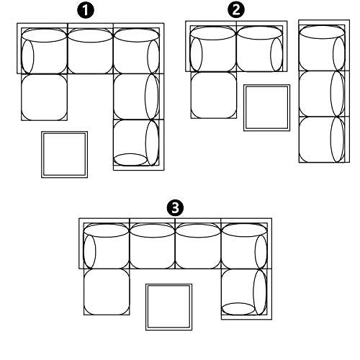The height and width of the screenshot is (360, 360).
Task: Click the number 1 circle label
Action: pyautogui.click(x=86, y=11)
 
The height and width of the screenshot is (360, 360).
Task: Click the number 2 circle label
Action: pyautogui.click(x=236, y=10)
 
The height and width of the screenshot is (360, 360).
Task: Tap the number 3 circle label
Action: pyautogui.click(x=175, y=208)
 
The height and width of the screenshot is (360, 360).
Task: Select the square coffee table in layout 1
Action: pyautogui.click(x=65, y=155)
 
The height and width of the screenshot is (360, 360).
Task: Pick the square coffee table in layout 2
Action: pyautogui.click(x=266, y=108)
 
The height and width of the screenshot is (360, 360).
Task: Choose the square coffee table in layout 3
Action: pyautogui.click(x=168, y=307)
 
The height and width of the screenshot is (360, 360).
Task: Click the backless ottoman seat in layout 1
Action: pyautogui.click(x=44, y=97)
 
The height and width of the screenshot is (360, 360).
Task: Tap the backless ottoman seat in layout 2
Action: pyautogui.click(x=214, y=95)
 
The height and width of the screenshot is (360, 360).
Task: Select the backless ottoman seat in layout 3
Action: pyautogui.click(x=107, y=292)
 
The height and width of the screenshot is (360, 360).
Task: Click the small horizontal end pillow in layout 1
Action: pyautogui.click(x=130, y=160)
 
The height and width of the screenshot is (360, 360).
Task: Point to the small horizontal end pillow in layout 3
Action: pyautogui.click(x=238, y=309)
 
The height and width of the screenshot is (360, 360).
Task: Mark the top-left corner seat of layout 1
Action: pyautogui.click(x=42, y=48)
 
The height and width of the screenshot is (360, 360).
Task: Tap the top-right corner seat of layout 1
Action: pyautogui.click(x=139, y=48)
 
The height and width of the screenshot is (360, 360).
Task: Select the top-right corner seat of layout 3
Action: pyautogui.click(x=246, y=243)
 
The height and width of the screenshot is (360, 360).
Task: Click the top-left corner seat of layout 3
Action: pyautogui.click(x=104, y=243)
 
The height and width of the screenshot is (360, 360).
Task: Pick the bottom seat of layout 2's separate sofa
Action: pyautogui.click(x=324, y=140)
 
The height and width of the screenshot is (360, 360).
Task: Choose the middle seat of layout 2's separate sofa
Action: pyautogui.click(x=324, y=94)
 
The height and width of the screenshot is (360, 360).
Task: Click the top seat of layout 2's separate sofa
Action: pyautogui.click(x=324, y=45)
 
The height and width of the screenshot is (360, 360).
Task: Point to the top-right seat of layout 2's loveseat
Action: pyautogui.click(x=262, y=46)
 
